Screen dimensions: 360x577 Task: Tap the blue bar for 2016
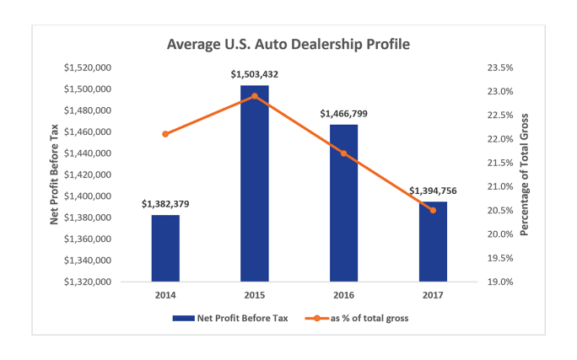(x=343, y=202)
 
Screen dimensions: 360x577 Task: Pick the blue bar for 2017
(x=433, y=241)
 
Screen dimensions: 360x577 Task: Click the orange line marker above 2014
(x=165, y=134)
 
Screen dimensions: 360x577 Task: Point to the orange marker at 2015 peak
(x=255, y=96)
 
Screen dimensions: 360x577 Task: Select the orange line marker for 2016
(x=343, y=153)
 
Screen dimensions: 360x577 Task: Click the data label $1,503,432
(x=255, y=74)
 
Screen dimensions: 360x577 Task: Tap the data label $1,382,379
(x=166, y=204)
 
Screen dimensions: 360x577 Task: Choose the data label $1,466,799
(x=343, y=113)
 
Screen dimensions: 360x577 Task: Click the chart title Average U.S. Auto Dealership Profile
(x=288, y=42)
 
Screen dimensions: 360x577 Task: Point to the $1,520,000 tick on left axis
(x=88, y=67)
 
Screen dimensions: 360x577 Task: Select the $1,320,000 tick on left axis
(x=88, y=282)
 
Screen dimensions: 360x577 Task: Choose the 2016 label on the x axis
(x=343, y=296)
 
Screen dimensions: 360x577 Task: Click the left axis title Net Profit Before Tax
(x=53, y=175)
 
